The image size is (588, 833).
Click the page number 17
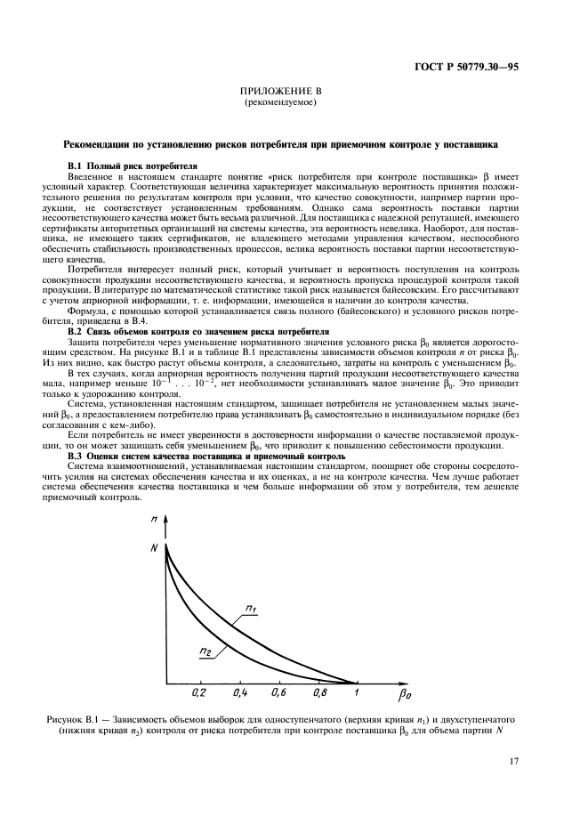tap(515, 760)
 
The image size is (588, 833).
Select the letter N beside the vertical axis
tap(155, 546)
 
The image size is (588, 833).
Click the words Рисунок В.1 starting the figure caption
tap(77, 716)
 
